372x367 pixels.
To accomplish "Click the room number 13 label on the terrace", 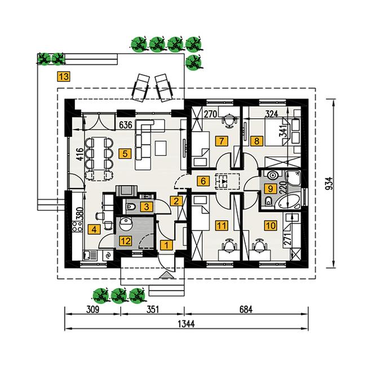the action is [x=64, y=77].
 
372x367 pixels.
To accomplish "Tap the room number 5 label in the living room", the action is [x=125, y=154].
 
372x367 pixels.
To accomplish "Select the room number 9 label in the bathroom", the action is [x=270, y=189].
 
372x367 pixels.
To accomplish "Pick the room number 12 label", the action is [x=126, y=241].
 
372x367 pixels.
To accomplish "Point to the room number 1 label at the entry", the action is [x=166, y=245].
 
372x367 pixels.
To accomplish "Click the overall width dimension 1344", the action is [x=186, y=324].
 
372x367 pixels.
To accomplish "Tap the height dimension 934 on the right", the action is [x=329, y=183].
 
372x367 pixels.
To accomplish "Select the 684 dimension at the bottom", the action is [x=246, y=310].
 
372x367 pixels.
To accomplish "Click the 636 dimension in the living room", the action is [x=126, y=125].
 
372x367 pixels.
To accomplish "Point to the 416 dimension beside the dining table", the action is [x=81, y=154].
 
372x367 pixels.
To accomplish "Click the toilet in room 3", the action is [x=131, y=207].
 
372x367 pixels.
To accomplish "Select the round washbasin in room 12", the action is [x=125, y=224].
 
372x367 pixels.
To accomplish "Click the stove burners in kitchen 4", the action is [x=77, y=226].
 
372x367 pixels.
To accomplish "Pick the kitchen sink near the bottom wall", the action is [x=90, y=256].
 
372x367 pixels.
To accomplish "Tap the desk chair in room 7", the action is [x=229, y=120].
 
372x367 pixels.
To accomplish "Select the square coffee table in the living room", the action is [x=161, y=148].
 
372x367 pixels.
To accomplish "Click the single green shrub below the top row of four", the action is [x=193, y=62].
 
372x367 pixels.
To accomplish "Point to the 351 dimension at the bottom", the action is [x=153, y=310].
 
